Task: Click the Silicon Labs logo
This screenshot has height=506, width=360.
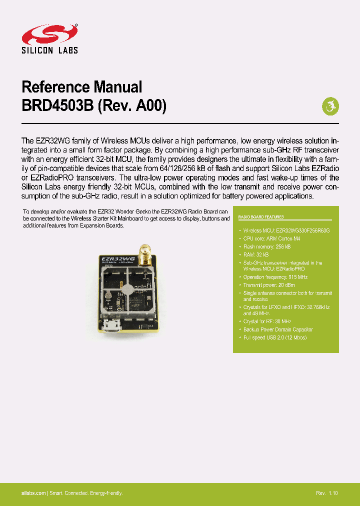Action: pyautogui.click(x=49, y=38)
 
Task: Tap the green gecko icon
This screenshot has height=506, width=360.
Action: pyautogui.click(x=329, y=105)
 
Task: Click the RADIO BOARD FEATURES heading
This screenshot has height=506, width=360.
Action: pyautogui.click(x=260, y=217)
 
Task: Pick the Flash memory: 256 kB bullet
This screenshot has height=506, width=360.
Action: pyautogui.click(x=267, y=247)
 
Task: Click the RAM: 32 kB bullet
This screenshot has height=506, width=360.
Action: pyautogui.click(x=256, y=254)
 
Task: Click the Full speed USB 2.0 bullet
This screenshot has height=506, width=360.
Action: pyautogui.click(x=275, y=337)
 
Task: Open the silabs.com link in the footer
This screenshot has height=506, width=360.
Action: pyautogui.click(x=33, y=493)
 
